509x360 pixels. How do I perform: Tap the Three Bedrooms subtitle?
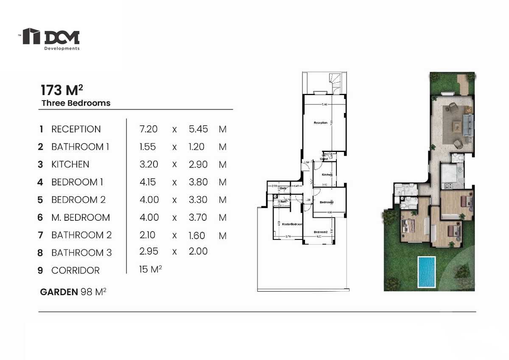click(76, 103)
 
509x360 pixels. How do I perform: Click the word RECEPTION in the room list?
click(76, 129)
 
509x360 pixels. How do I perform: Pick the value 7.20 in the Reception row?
click(148, 129)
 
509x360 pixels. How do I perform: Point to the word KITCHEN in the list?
click(70, 165)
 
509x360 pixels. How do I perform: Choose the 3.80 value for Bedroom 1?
click(198, 182)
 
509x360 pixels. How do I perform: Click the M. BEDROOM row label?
click(81, 218)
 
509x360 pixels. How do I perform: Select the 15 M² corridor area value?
click(151, 270)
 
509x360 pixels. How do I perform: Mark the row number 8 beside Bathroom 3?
click(40, 253)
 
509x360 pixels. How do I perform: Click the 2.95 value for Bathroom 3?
click(149, 251)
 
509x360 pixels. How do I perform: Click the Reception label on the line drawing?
click(321, 123)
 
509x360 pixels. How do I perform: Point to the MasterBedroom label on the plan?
click(293, 224)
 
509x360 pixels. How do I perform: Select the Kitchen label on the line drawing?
click(327, 175)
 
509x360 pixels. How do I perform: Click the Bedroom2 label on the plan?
click(320, 232)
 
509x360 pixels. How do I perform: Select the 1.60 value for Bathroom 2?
click(197, 235)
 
